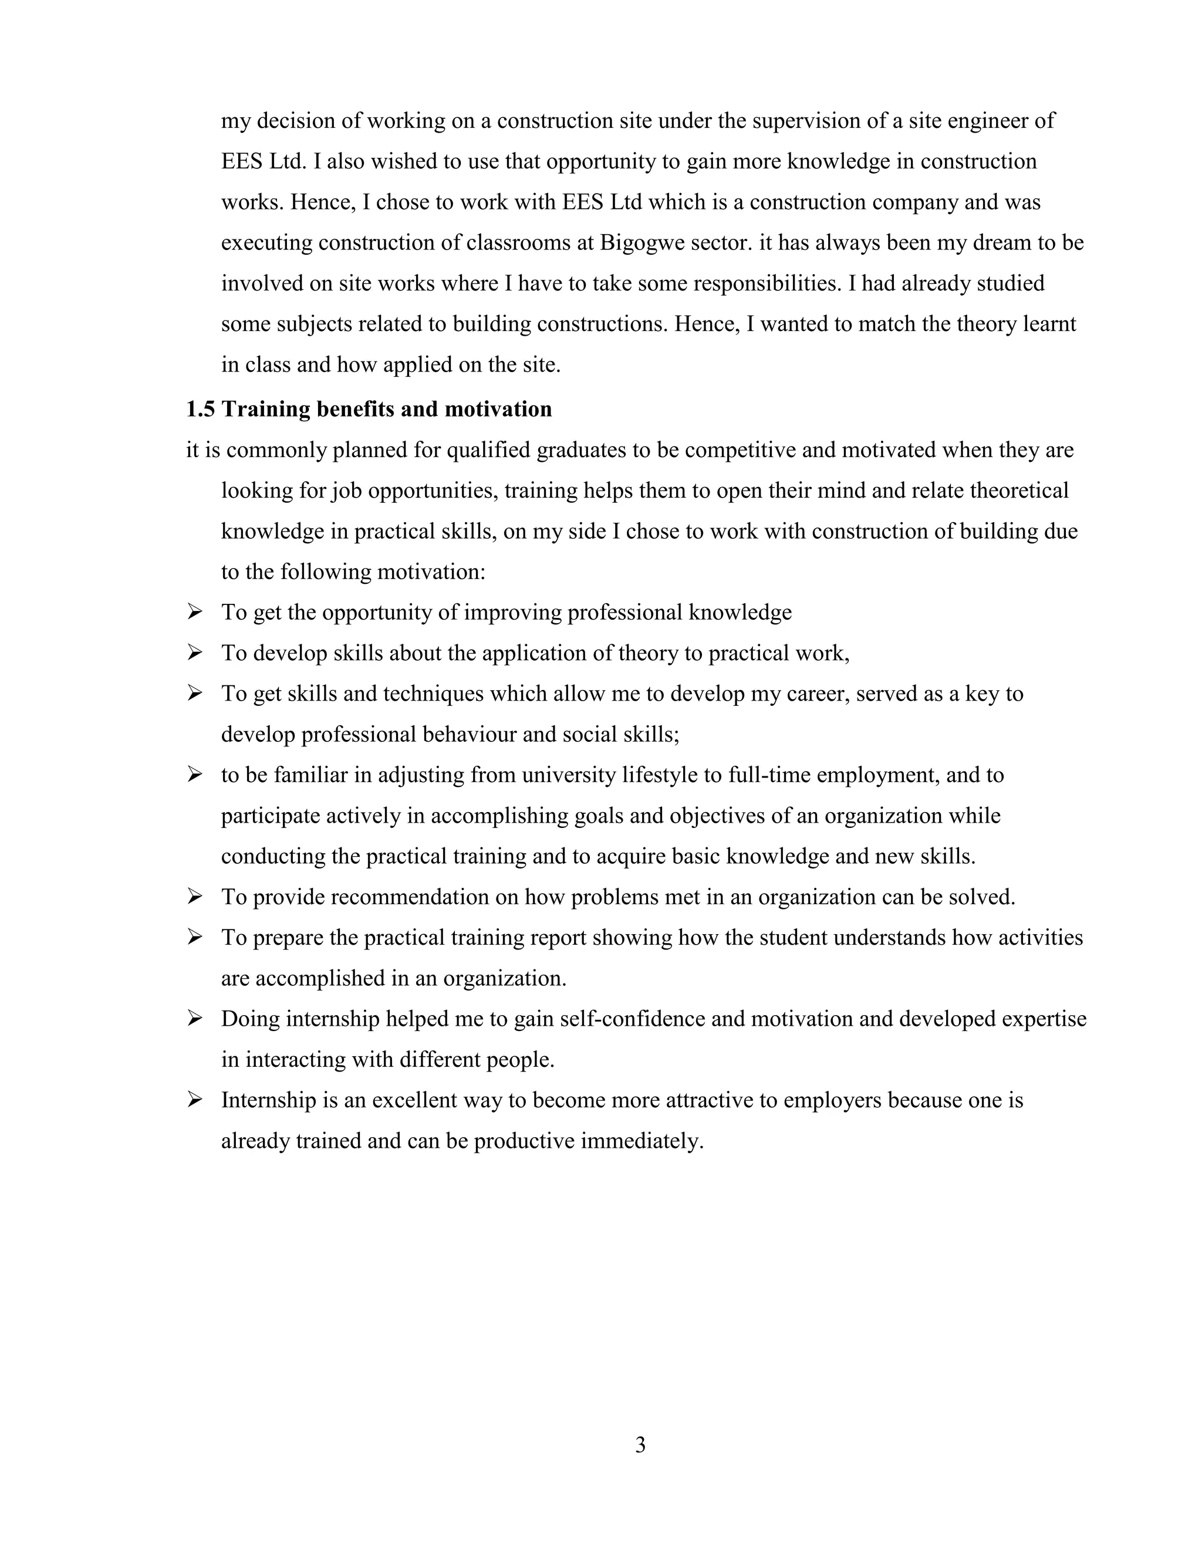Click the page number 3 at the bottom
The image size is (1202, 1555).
pyautogui.click(x=640, y=1445)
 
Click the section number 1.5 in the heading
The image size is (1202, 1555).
pyautogui.click(x=200, y=410)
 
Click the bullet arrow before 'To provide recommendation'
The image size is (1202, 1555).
pyautogui.click(x=194, y=897)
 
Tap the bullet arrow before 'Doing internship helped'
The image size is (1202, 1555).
pyautogui.click(x=194, y=1019)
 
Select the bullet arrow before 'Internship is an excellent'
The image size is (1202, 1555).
pyautogui.click(x=194, y=1100)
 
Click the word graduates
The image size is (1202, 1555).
pyautogui.click(x=580, y=450)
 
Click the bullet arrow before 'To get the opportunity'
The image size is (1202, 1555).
pyautogui.click(x=194, y=612)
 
